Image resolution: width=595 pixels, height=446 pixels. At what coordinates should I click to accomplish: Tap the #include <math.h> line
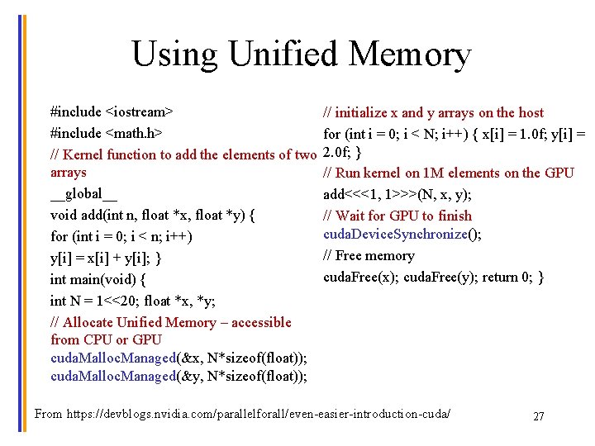(x=106, y=132)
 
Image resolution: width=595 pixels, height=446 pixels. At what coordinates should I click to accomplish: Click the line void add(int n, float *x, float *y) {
(x=152, y=216)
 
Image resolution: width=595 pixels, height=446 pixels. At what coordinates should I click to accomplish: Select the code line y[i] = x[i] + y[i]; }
(x=105, y=259)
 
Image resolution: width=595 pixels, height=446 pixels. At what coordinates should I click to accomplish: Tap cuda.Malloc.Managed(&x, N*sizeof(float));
(x=178, y=358)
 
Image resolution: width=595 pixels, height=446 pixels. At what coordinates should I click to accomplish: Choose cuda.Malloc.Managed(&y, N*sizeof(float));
(x=178, y=377)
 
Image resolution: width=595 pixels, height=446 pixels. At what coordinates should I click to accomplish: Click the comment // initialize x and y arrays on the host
(x=433, y=112)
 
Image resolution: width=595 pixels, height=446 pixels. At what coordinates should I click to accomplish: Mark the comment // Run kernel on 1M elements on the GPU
(x=448, y=173)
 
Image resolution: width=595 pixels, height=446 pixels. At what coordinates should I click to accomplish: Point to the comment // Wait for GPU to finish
(x=397, y=216)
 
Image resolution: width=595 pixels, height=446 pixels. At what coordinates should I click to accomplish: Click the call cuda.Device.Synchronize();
(x=402, y=235)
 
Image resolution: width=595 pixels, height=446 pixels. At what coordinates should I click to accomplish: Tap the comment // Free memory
(x=369, y=256)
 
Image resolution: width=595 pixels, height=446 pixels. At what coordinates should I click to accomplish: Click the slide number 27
(x=538, y=416)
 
